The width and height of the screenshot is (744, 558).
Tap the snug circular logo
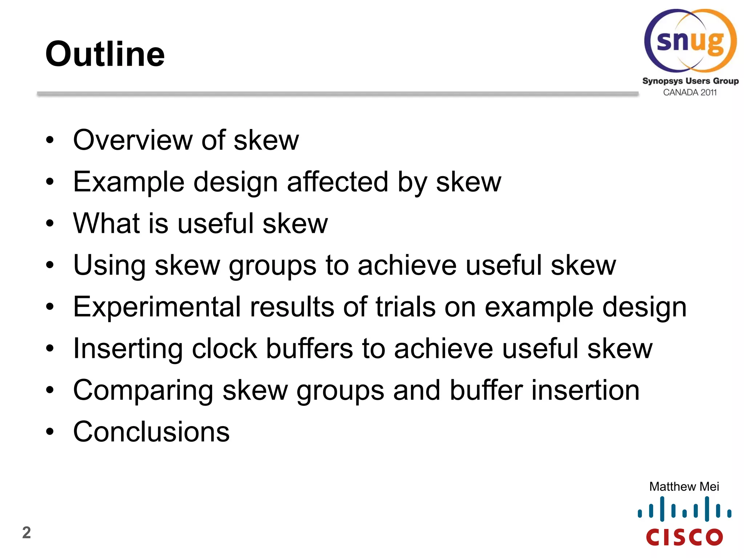point(690,41)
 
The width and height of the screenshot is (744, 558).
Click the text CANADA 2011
point(690,93)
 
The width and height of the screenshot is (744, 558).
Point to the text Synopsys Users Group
point(690,81)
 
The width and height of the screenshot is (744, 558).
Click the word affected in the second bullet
point(337,182)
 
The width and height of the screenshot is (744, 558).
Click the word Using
point(109,265)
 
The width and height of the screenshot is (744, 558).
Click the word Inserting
point(128,349)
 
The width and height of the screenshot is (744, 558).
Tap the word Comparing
point(143,391)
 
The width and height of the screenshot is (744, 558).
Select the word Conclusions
point(151,432)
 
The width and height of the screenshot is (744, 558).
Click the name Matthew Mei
point(684,486)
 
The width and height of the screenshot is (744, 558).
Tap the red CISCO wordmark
point(684,537)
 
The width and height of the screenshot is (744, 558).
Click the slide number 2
point(27,533)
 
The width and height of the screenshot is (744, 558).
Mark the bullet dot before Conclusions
point(50,432)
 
